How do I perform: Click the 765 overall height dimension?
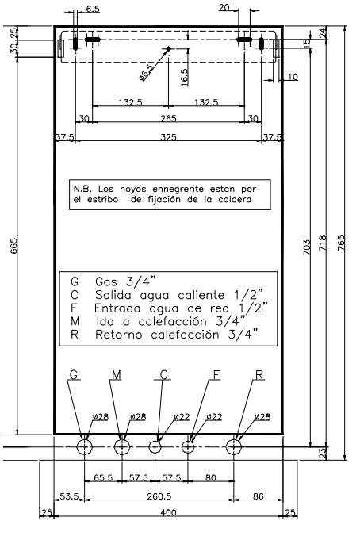point(341,243)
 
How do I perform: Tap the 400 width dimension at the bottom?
point(168,512)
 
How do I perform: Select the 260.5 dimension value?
point(159,496)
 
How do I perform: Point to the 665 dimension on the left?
point(14,246)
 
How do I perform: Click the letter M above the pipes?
point(117,375)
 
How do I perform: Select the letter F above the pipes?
point(216,375)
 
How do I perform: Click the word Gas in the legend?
point(106,281)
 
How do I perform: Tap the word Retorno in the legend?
point(119,335)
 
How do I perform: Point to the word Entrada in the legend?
point(117,308)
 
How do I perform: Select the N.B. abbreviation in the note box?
point(82,189)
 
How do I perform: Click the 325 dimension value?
point(168,137)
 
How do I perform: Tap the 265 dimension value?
point(168,118)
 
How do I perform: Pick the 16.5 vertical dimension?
point(184,78)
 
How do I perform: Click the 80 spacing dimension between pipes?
point(211,477)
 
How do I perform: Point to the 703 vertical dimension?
point(307,247)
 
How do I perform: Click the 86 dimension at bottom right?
point(259,496)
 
